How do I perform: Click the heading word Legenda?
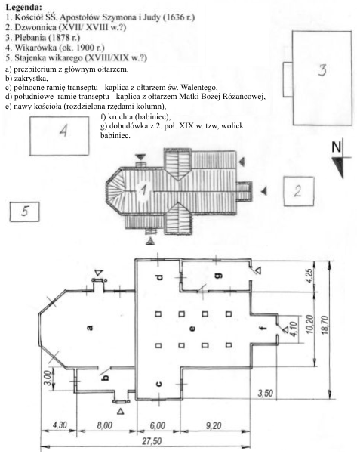tap(23, 7)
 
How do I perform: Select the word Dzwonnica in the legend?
tap(35, 27)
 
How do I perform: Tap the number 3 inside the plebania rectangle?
tap(322, 69)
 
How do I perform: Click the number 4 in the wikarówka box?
tap(63, 131)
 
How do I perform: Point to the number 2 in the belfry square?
tap(297, 191)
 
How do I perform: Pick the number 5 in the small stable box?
tap(24, 211)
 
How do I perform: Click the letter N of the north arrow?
tap(337, 147)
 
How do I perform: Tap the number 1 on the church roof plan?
tap(143, 190)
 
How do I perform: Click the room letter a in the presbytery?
tap(90, 328)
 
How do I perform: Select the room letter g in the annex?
tap(220, 276)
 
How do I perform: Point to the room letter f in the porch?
tap(263, 328)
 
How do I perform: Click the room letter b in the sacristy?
tap(106, 377)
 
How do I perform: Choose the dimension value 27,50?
tap(152, 441)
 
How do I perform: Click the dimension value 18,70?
tap(325, 325)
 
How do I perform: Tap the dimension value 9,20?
tap(214, 425)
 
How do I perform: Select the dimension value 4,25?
tap(309, 276)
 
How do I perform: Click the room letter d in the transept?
tap(159, 277)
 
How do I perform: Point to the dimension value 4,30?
tap(60, 425)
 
